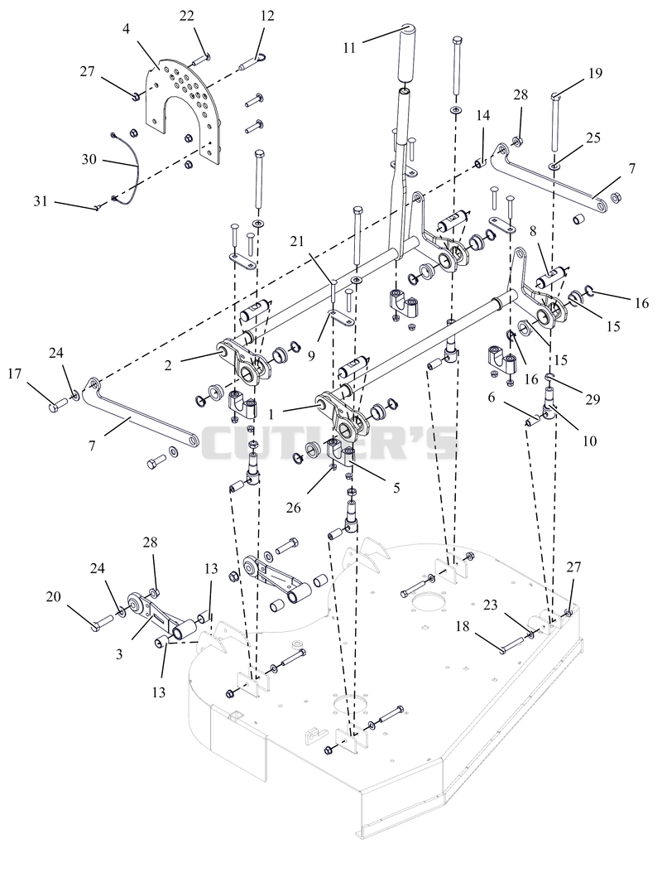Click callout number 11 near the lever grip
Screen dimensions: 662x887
point(349,47)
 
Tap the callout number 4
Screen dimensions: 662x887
point(126,29)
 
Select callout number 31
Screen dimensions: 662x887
point(41,200)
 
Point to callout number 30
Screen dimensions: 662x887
point(89,160)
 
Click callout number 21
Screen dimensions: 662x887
point(297,242)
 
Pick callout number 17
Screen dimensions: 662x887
point(15,374)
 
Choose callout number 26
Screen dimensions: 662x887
point(294,508)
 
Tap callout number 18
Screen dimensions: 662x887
point(463,627)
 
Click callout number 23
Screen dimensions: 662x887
point(490,605)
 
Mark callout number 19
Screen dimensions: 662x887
point(595,73)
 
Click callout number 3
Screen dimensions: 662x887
point(119,654)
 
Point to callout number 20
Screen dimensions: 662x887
point(53,597)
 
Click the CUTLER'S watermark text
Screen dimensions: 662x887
point(330,443)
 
